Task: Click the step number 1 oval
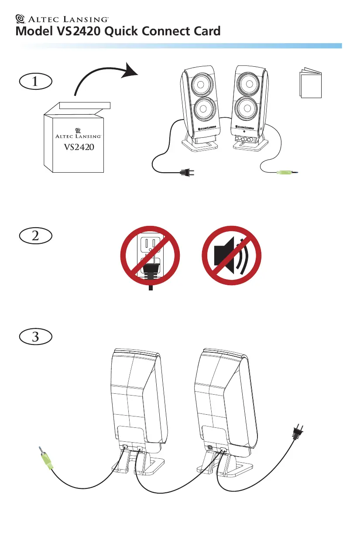pyautogui.click(x=35, y=82)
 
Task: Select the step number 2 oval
pyautogui.click(x=35, y=235)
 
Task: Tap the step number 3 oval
pyautogui.click(x=35, y=337)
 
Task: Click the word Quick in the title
pyautogui.click(x=121, y=31)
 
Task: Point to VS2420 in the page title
pyautogui.click(x=79, y=31)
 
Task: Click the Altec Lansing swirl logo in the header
pyautogui.click(x=20, y=19)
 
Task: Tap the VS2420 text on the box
pyautogui.click(x=79, y=147)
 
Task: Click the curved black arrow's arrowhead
pyautogui.click(x=130, y=70)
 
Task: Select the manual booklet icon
pyautogui.click(x=311, y=83)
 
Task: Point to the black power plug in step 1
pyautogui.click(x=187, y=172)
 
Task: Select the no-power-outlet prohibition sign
pyautogui.click(x=150, y=256)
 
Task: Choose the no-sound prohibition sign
pyautogui.click(x=231, y=256)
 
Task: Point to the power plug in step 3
pyautogui.click(x=298, y=433)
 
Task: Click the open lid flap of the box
pyautogui.click(x=85, y=105)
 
